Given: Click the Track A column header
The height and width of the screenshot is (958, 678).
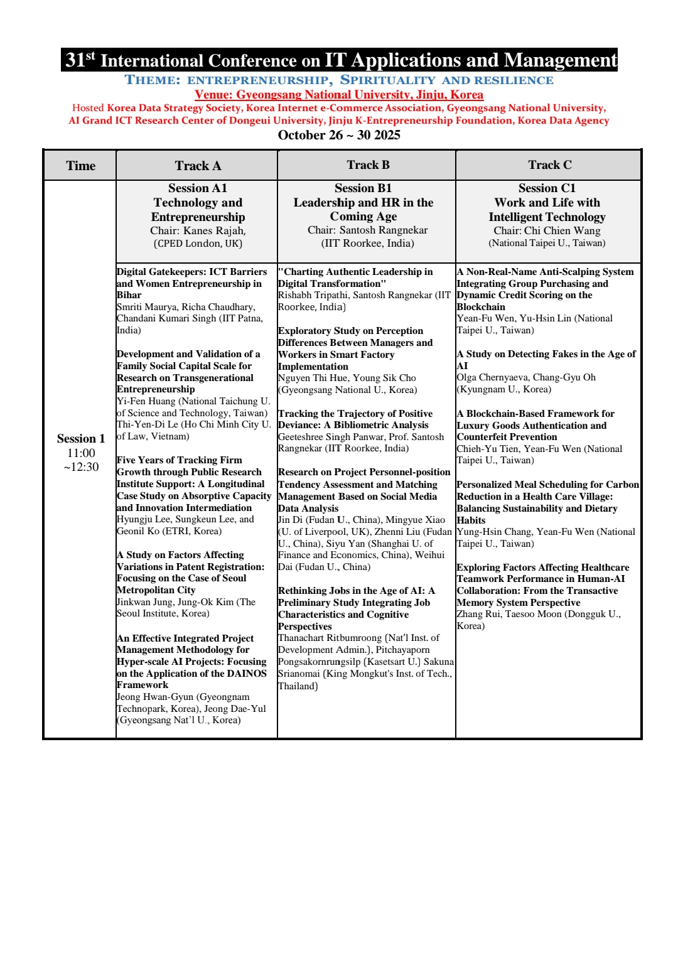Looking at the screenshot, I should (x=198, y=166).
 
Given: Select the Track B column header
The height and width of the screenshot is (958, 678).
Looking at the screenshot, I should (x=368, y=165).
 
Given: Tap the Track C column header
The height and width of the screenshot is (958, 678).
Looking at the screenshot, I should (x=549, y=165).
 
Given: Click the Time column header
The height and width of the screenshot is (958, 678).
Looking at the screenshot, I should (x=80, y=166).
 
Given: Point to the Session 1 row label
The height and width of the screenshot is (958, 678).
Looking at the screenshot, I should (x=80, y=439).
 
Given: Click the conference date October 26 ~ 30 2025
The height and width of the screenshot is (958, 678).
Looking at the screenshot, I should (x=339, y=135).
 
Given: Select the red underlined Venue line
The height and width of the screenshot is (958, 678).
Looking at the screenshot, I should (x=339, y=95).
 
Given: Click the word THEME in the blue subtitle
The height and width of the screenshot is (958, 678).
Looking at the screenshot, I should (x=153, y=80).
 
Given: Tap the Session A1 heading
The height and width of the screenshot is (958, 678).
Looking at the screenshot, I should (x=197, y=188).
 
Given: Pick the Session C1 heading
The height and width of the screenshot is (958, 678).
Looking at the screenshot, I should (x=547, y=188).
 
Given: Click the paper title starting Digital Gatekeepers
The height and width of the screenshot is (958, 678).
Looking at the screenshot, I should (x=191, y=272).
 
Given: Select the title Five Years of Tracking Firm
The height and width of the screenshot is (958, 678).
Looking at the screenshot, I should (x=179, y=460).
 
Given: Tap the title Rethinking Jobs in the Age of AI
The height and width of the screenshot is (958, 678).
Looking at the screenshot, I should (x=356, y=591).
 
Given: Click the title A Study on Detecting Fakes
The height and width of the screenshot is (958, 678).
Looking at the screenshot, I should (x=546, y=354).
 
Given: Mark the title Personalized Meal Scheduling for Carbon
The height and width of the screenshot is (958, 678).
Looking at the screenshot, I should (x=547, y=485).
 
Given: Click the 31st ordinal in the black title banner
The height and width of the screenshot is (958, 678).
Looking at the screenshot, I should (x=80, y=60).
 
